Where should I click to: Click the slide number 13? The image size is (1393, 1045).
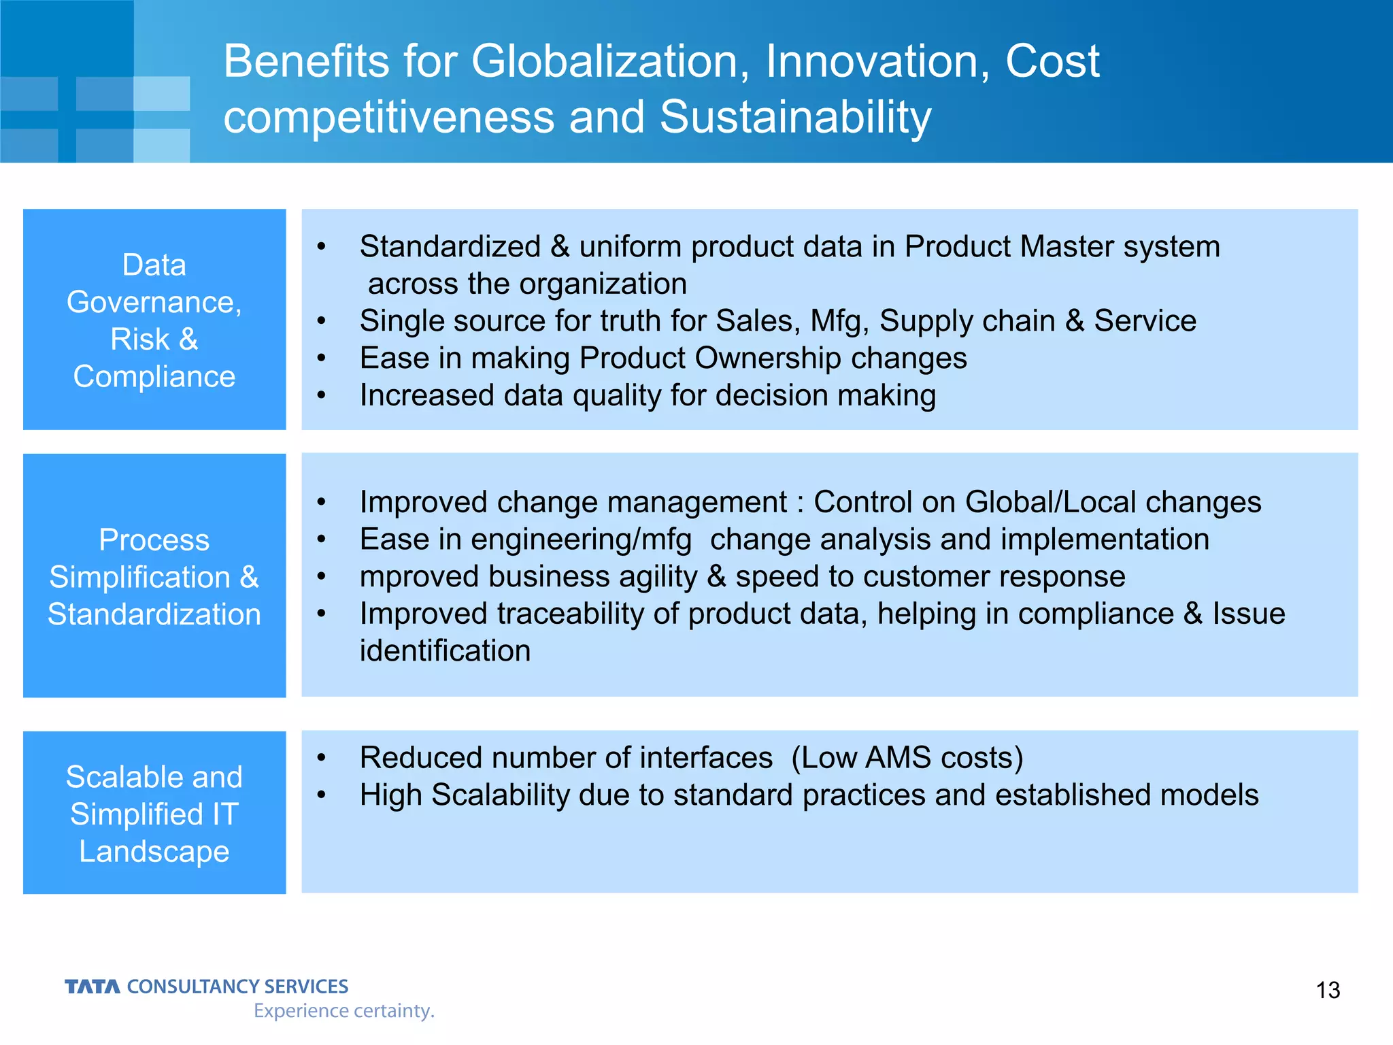point(1328,990)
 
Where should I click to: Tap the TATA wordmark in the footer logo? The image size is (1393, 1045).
point(93,986)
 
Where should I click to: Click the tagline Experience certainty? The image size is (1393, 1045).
point(343,1010)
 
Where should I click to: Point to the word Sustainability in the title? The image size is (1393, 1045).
point(795,117)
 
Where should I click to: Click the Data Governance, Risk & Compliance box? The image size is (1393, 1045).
point(154,320)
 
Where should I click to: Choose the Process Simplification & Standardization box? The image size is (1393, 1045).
point(154,576)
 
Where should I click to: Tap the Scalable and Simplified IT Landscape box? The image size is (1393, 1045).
point(154,812)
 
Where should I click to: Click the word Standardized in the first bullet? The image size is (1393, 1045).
point(450,246)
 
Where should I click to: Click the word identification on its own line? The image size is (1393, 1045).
point(445,651)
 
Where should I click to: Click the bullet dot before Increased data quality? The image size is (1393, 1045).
point(322,396)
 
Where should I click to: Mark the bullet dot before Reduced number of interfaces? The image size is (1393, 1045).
point(322,758)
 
